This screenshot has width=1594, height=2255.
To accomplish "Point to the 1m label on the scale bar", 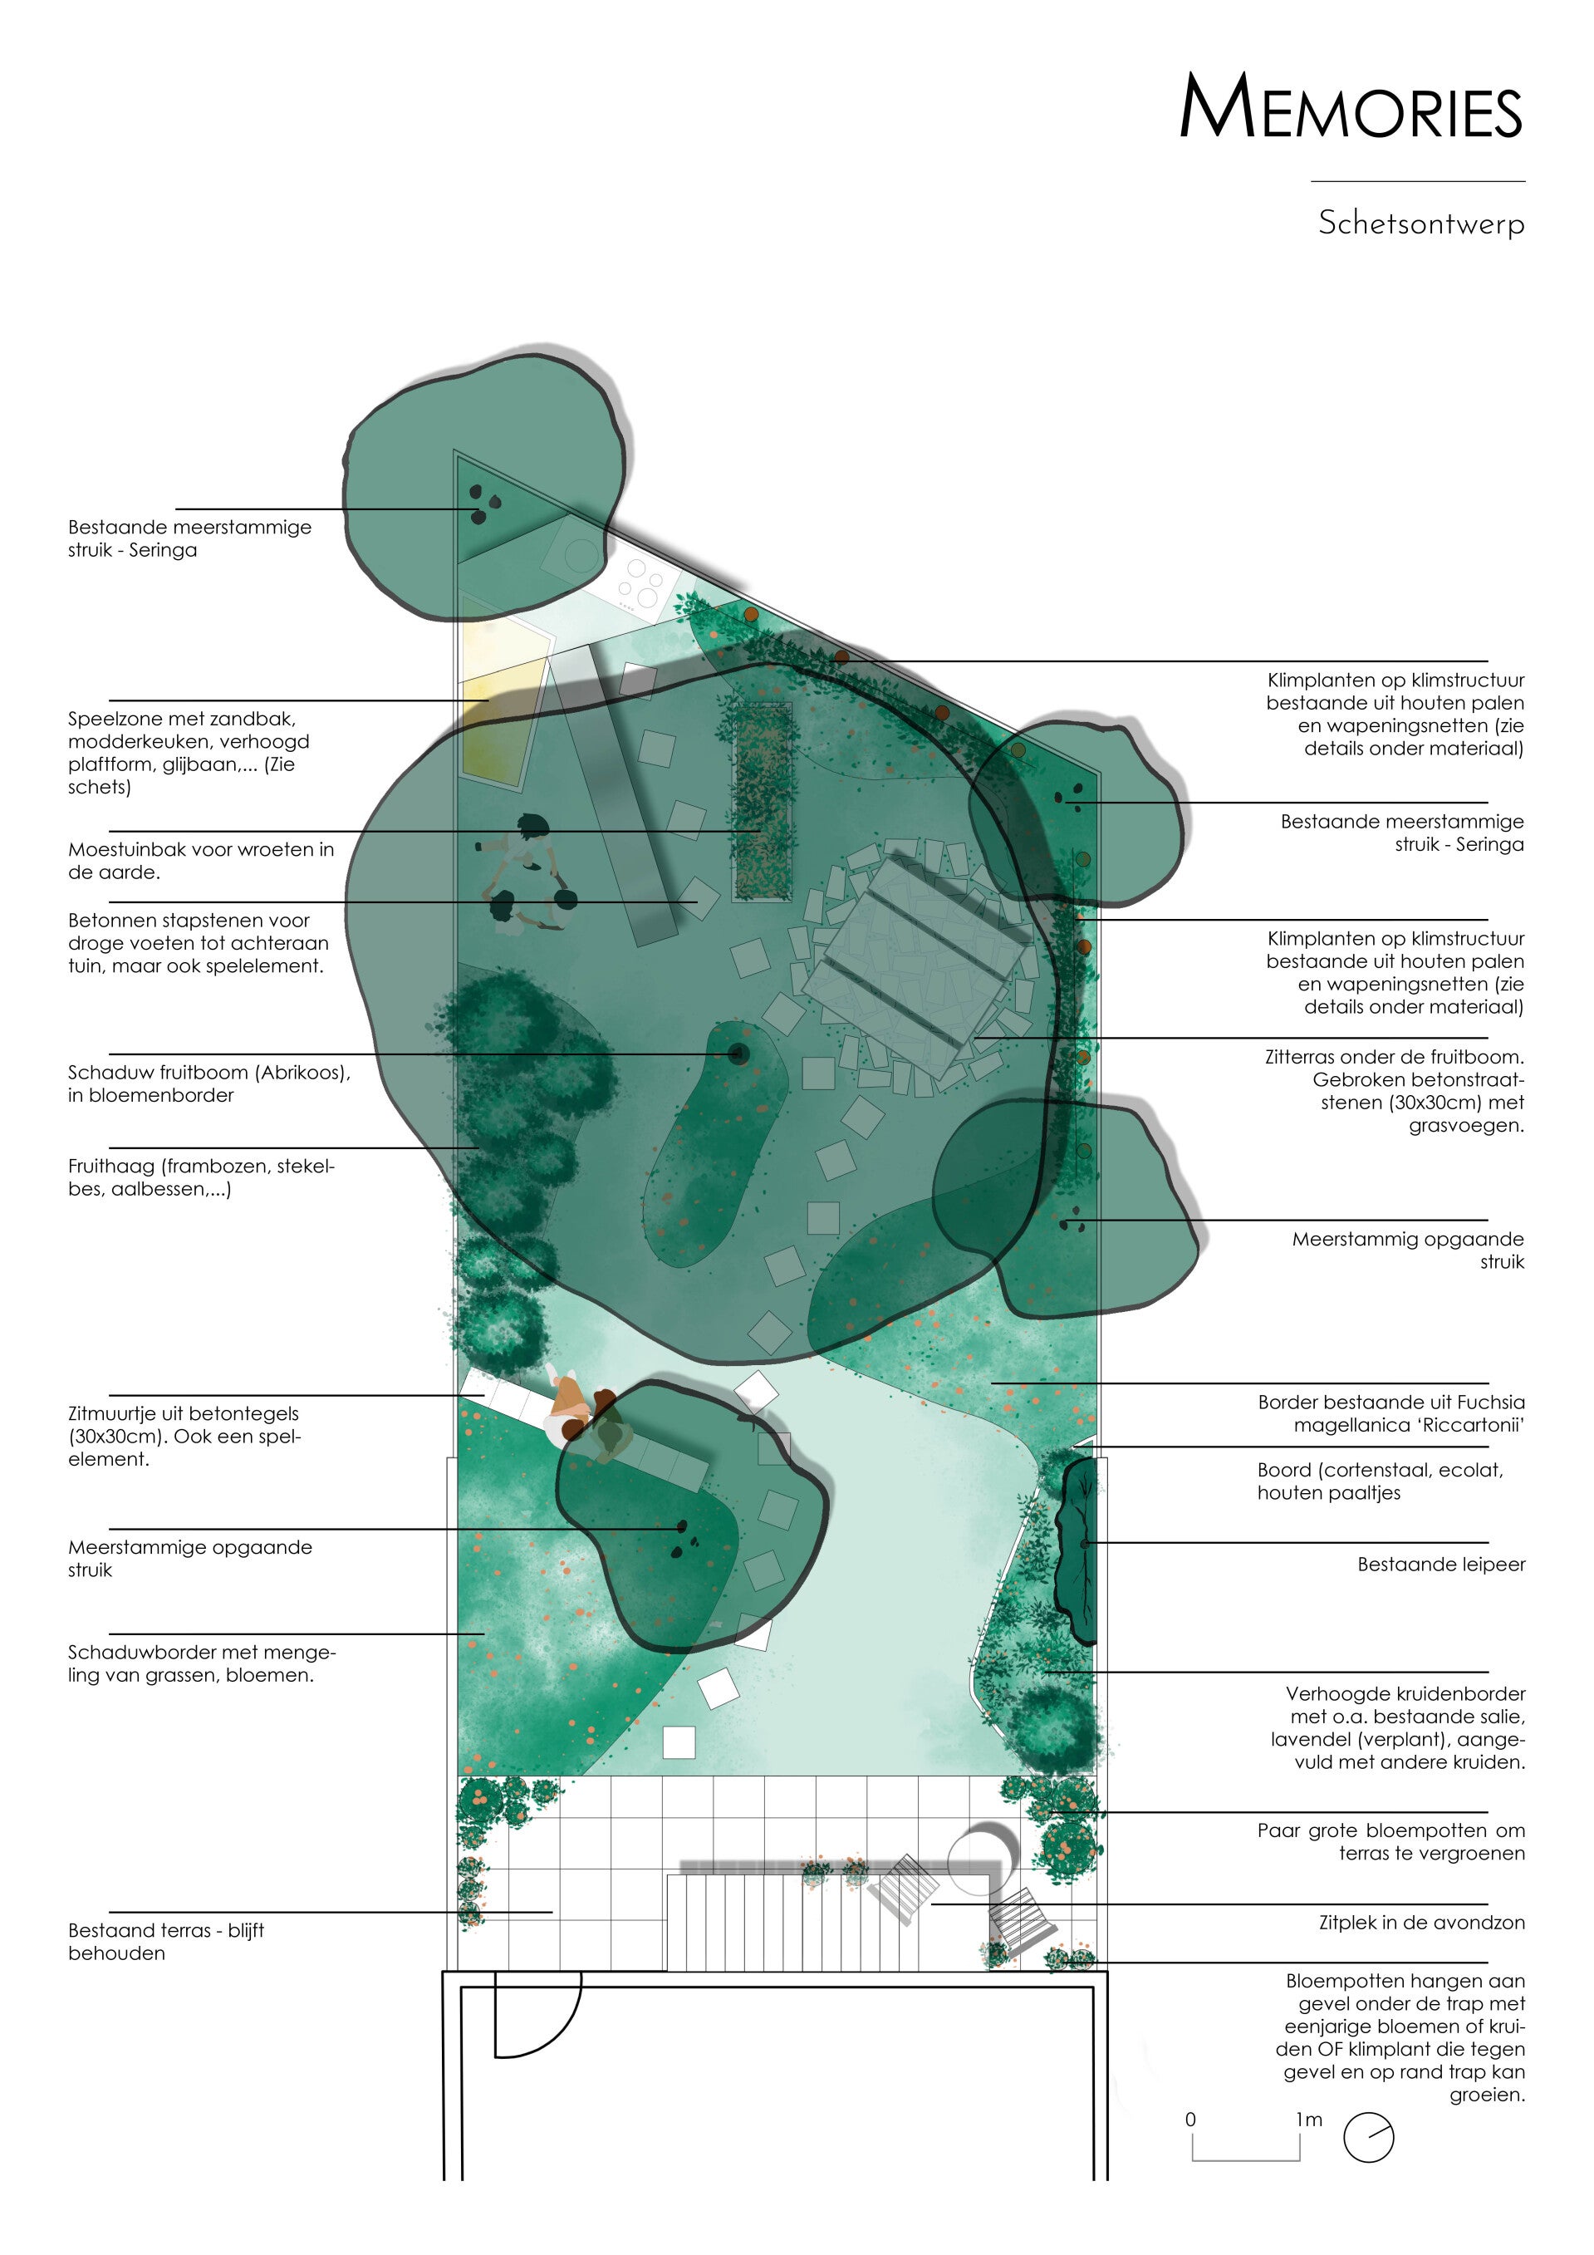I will click(1309, 2120).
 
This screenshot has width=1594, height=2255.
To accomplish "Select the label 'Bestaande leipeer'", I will click(1441, 1564).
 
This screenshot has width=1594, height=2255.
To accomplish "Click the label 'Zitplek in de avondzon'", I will click(1421, 1922).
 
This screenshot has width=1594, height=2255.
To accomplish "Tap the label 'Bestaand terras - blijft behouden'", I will click(166, 1941).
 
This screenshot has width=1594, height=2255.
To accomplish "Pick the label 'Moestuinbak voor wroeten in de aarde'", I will click(200, 860).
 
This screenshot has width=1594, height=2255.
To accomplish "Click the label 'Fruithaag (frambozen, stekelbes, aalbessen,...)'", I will click(201, 1177).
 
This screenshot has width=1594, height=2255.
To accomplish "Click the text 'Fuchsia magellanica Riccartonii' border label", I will click(1390, 1413).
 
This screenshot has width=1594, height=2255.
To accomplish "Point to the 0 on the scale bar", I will click(1190, 2120).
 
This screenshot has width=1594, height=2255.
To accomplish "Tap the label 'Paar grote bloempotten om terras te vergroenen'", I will click(1390, 1841).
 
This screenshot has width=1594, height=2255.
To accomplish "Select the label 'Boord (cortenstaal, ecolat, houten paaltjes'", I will click(1379, 1481).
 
